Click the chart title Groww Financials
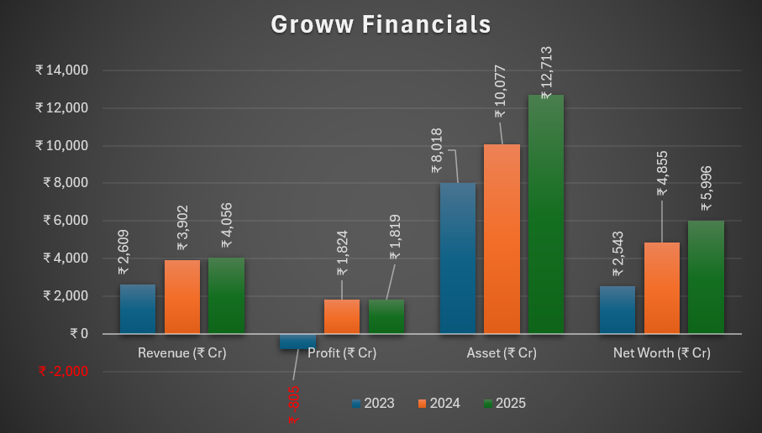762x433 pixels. point(381,25)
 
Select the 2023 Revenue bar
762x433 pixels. point(138,310)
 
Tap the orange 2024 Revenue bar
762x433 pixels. point(182,297)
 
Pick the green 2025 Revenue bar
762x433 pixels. point(226,296)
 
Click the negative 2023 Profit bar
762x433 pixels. point(297,341)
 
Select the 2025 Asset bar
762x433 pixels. point(545,215)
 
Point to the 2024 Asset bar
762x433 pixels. point(502,239)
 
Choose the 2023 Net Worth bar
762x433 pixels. point(617,310)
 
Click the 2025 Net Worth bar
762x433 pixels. point(706,278)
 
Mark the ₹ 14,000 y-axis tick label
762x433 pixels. point(62,70)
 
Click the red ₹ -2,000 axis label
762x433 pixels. point(63,371)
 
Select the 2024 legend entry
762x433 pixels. point(439,404)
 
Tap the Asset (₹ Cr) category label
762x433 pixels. point(502,353)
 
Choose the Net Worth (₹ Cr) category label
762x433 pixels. point(661,353)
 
